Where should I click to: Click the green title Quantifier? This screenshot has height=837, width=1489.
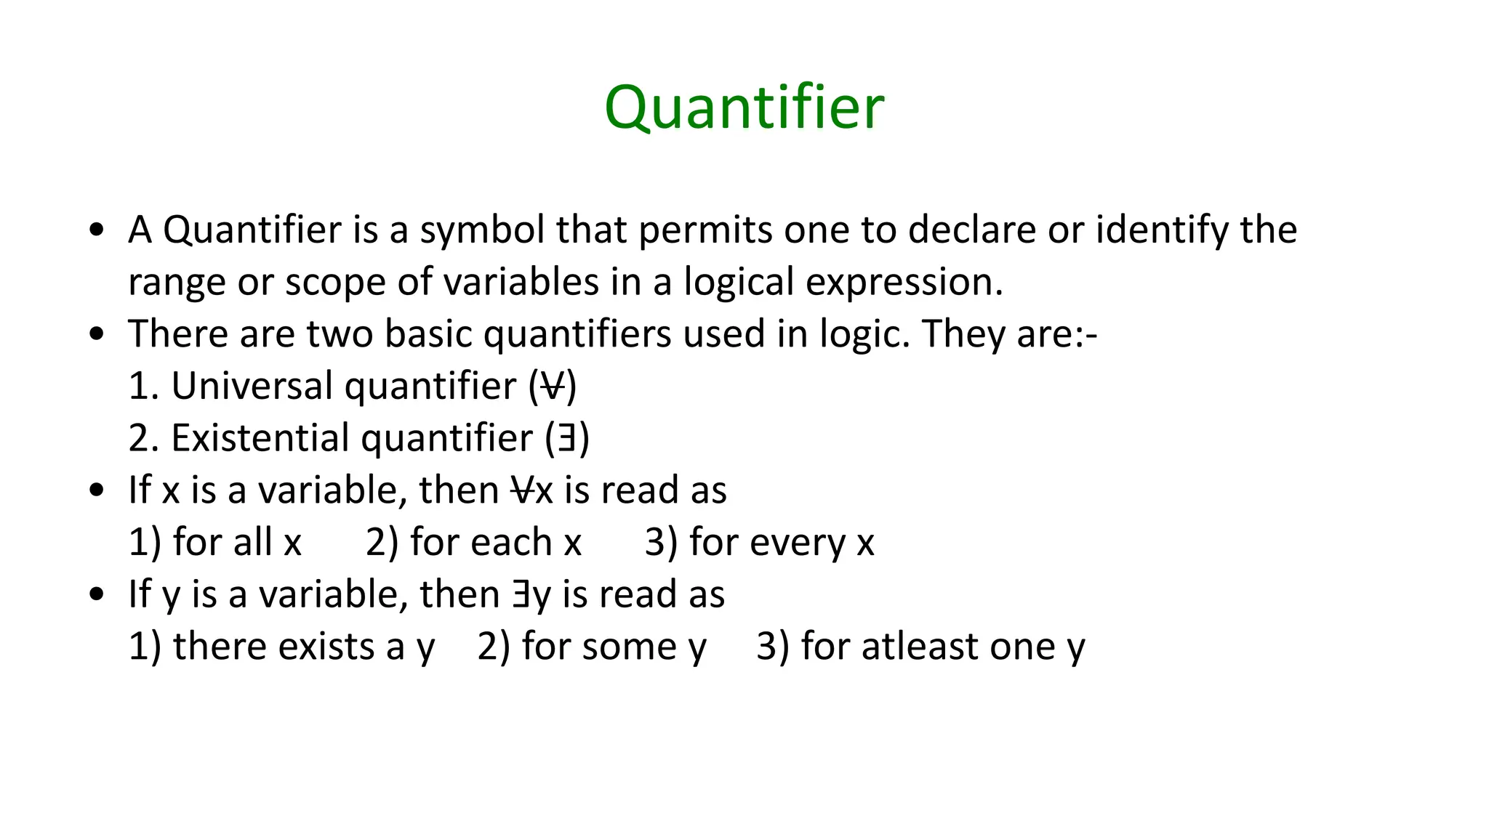[744, 108]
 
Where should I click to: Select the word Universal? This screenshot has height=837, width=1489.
[252, 386]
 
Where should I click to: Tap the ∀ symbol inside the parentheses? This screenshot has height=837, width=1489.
[553, 386]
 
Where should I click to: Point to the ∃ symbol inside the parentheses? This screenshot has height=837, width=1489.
[567, 439]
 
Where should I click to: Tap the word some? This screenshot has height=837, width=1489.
[635, 647]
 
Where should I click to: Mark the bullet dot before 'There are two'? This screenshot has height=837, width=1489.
[96, 335]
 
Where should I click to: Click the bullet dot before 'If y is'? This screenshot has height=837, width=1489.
[96, 595]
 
